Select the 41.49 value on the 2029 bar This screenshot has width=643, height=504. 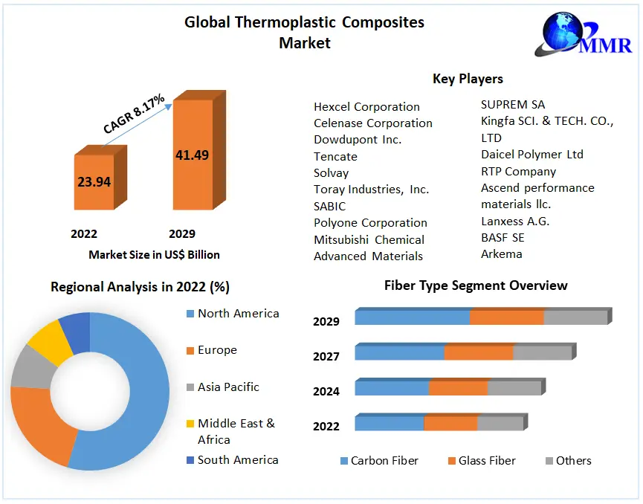click(192, 155)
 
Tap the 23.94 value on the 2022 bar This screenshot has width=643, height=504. click(94, 181)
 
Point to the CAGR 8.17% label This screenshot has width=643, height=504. click(134, 114)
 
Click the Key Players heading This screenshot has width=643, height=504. click(468, 79)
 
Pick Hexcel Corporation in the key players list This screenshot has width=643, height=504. click(366, 107)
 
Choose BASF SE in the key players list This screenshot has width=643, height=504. click(503, 237)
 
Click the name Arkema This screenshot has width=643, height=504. click(502, 254)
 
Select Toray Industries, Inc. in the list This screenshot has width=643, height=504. click(371, 190)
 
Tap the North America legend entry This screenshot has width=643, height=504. click(238, 314)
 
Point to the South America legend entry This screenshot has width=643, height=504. click(238, 460)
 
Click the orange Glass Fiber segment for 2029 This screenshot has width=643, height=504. click(507, 317)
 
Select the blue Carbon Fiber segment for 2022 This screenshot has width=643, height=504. click(389, 424)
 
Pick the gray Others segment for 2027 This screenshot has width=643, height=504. click(542, 353)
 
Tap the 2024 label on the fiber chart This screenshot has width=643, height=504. click(326, 391)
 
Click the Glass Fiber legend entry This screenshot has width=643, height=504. click(486, 461)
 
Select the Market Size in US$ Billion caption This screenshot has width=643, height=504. click(154, 255)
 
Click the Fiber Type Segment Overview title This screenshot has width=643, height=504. click(476, 285)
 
